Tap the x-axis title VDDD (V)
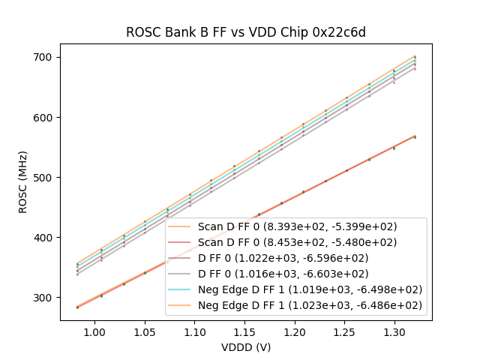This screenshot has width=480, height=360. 246,347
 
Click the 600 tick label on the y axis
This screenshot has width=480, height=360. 45,117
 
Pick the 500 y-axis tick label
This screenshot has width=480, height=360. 45,177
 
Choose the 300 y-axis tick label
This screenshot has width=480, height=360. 45,297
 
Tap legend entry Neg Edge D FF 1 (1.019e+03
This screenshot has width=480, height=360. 310,289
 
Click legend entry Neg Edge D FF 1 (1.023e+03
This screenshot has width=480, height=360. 310,305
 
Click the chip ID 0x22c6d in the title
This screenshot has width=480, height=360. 340,32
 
